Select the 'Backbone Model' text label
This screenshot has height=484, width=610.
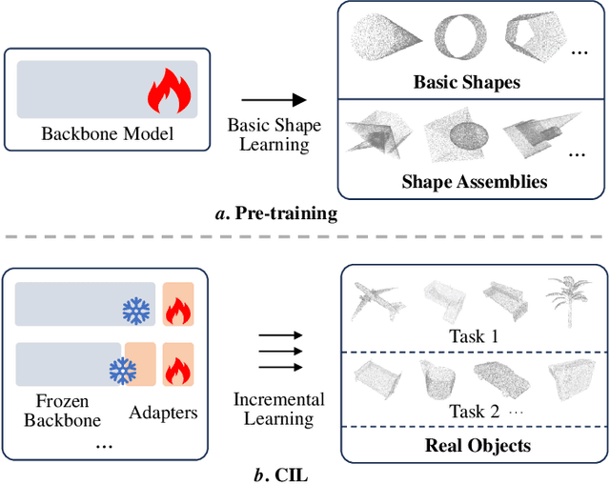click(x=108, y=133)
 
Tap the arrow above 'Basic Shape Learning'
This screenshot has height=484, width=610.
click(x=273, y=99)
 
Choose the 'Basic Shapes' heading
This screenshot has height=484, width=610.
click(x=467, y=82)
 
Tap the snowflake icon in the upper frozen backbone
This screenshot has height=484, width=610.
click(x=136, y=310)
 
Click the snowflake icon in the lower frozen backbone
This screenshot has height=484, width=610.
click(x=121, y=370)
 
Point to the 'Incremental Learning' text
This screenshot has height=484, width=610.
click(x=279, y=410)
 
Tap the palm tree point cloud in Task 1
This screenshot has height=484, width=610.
click(x=562, y=296)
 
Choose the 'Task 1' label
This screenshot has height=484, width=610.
click(x=474, y=336)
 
